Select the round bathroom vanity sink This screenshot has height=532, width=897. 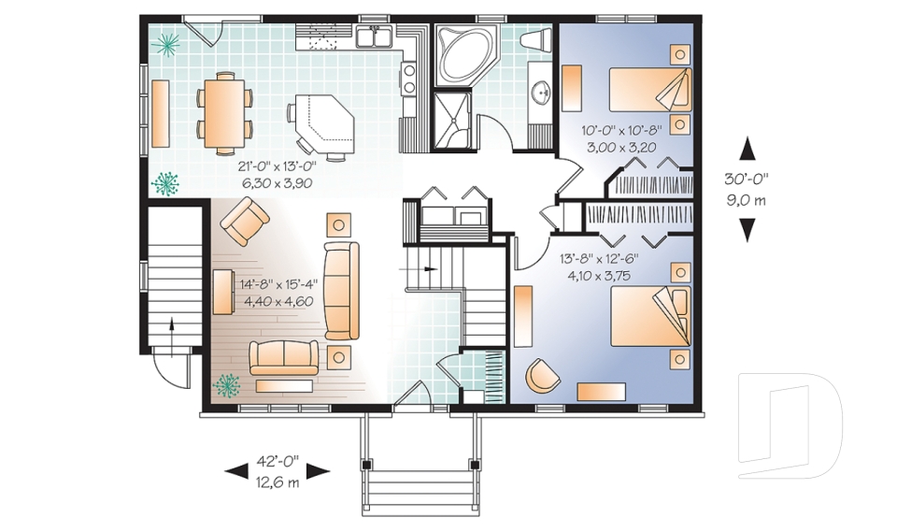tap(539, 93)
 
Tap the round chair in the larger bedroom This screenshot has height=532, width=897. tap(542, 373)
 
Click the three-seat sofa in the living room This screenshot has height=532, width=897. tap(341, 290)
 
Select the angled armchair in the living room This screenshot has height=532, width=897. tap(245, 223)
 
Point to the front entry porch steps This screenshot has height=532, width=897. tap(420, 486)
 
